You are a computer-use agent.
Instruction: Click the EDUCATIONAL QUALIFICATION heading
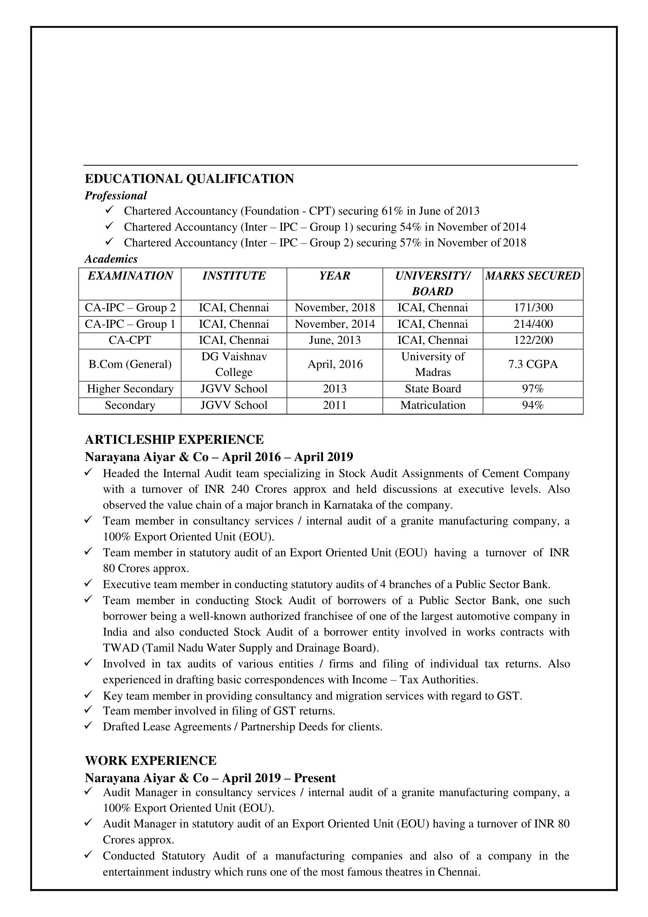(x=189, y=178)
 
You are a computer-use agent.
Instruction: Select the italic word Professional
(x=116, y=195)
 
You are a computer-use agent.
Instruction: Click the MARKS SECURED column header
(x=533, y=276)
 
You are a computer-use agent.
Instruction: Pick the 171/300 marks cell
(x=533, y=307)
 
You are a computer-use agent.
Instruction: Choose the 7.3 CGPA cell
(x=533, y=364)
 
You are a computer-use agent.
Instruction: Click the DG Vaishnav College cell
(x=234, y=364)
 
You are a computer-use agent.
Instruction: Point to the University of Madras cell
(x=433, y=364)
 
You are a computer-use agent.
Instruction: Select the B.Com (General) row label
(x=130, y=364)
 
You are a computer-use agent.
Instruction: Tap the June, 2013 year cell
(x=334, y=340)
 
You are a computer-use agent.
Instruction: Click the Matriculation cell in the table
(x=433, y=405)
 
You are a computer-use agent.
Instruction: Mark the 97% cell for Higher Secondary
(x=533, y=389)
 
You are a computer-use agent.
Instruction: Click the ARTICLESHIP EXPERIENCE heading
(x=174, y=439)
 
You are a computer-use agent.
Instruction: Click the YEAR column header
(x=334, y=276)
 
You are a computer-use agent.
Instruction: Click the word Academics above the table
(x=111, y=259)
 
